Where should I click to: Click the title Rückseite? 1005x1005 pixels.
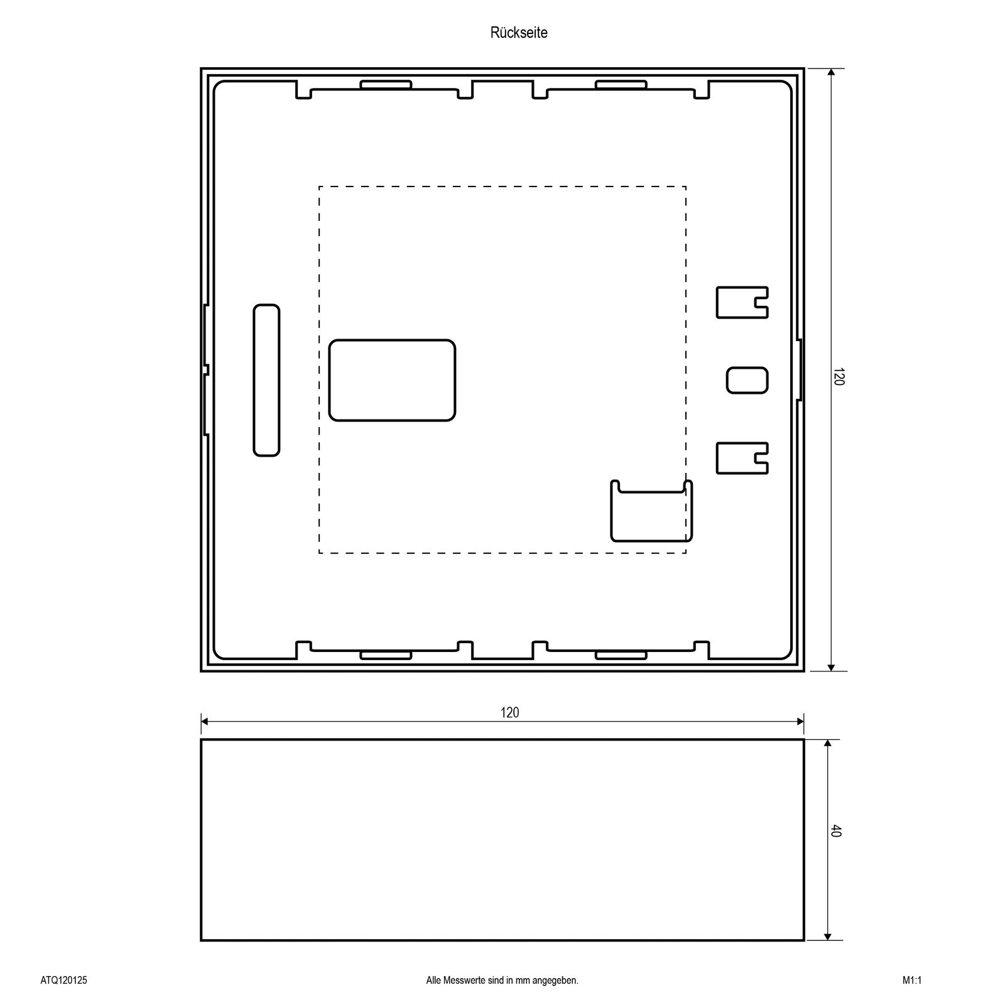[519, 33]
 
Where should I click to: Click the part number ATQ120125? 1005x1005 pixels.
[63, 980]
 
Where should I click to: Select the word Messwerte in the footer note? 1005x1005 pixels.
[464, 980]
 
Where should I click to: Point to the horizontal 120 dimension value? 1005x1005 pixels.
[510, 712]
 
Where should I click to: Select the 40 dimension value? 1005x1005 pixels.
[835, 830]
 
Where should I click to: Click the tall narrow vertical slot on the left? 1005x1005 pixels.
[266, 380]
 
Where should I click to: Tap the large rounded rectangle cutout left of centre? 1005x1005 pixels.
[392, 380]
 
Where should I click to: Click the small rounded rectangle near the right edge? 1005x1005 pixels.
[747, 380]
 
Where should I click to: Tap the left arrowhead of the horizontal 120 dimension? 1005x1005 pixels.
[205, 722]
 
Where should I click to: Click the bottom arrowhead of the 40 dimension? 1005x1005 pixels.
[827, 936]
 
